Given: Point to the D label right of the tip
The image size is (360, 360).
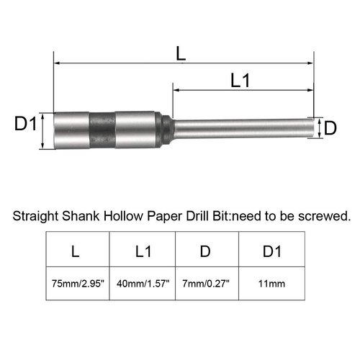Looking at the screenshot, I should point(330,128).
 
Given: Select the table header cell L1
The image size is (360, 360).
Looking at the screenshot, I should point(142,251).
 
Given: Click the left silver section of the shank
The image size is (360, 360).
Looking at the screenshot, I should point(72,129).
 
